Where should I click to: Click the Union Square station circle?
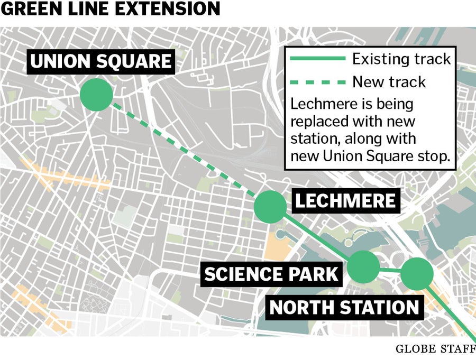point(96,95)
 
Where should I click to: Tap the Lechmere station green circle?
point(270,207)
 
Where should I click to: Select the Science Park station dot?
point(364,267)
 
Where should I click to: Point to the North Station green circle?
point(417,274)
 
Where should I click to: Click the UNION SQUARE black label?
point(101,62)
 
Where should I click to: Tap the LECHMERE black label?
point(345,201)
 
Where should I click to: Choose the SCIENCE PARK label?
point(271,274)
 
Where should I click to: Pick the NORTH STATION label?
point(345,307)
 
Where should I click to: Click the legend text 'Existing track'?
point(401,58)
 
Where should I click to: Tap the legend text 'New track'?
point(389,81)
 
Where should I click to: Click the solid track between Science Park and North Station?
point(390,271)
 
